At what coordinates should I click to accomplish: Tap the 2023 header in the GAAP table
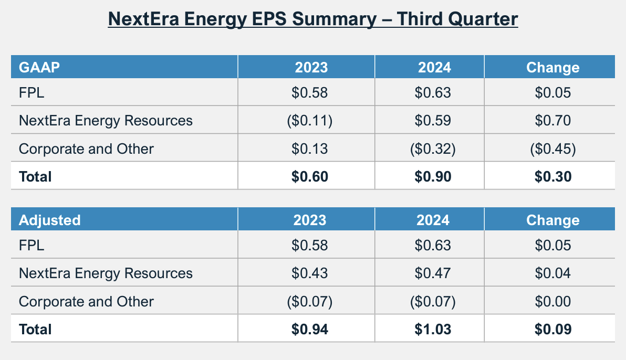pos(311,68)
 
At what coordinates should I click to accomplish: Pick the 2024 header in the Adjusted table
pos(433,220)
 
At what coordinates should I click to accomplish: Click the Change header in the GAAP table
pos(552,68)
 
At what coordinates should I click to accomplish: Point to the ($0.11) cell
pos(310,121)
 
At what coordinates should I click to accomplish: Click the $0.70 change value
pos(552,121)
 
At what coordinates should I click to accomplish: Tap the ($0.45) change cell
pos(552,149)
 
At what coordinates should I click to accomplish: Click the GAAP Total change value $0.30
pos(552,177)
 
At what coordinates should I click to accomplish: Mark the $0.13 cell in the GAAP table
pos(310,149)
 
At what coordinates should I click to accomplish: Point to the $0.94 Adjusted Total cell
pos(310,330)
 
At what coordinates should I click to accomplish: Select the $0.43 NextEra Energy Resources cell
pos(310,273)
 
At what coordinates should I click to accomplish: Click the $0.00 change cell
pos(552,302)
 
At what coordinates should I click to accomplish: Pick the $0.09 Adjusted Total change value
pos(552,330)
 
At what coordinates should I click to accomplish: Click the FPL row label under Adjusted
pos(32,246)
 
